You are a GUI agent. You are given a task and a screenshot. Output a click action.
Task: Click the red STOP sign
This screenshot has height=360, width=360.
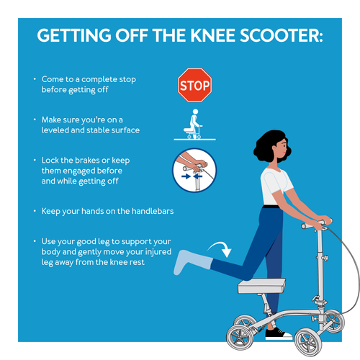click(194, 85)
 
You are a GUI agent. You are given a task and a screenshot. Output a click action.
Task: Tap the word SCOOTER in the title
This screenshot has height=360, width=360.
click(282, 35)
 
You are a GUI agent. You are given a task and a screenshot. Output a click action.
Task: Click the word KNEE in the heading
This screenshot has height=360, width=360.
click(212, 35)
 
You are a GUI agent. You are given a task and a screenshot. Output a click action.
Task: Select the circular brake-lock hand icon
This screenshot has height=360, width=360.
click(194, 171)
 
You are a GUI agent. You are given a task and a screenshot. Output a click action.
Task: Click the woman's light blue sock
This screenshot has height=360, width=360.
click(191, 262)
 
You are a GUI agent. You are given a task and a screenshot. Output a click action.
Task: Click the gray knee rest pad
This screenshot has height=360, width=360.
click(261, 286)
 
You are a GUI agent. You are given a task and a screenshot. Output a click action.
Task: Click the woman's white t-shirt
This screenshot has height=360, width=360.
click(275, 186)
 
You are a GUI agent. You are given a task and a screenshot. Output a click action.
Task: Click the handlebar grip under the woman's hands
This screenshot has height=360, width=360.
click(316, 223)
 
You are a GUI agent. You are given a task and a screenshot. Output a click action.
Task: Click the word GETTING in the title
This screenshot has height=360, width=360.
click(74, 35)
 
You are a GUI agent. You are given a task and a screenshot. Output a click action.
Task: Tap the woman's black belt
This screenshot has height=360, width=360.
click(271, 207)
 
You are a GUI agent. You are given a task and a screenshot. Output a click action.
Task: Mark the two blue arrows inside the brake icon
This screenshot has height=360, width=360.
click(192, 176)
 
